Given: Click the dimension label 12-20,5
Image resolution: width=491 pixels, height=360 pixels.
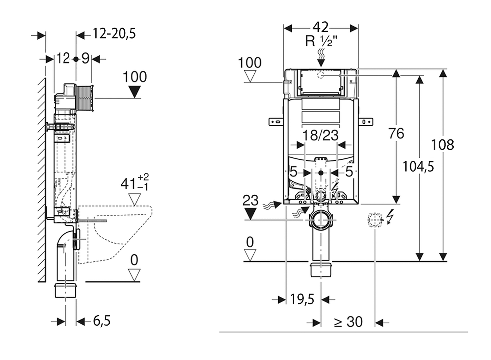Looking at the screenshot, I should pos(114,34).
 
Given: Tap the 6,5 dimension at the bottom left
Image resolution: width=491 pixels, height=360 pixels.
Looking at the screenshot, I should pos(101,321).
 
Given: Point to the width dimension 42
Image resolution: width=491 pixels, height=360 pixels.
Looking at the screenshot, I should pos(320,27).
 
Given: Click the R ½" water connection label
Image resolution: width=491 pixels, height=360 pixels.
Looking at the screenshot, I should pos(321,41).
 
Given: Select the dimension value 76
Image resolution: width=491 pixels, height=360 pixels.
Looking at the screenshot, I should pos(396,134).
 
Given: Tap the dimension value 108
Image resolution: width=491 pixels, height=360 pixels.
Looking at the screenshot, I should pos(442,145).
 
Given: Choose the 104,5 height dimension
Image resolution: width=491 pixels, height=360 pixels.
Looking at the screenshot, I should pos(418,167).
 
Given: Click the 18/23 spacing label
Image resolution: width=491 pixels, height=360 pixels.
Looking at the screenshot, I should pos(320,135).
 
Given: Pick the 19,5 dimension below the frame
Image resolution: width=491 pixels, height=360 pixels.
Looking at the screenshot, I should pos(302,299).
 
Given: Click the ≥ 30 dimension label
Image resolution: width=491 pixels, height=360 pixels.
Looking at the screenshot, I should pos(348,322).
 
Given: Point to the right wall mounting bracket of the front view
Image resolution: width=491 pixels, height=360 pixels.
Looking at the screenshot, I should pos(366,122).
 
